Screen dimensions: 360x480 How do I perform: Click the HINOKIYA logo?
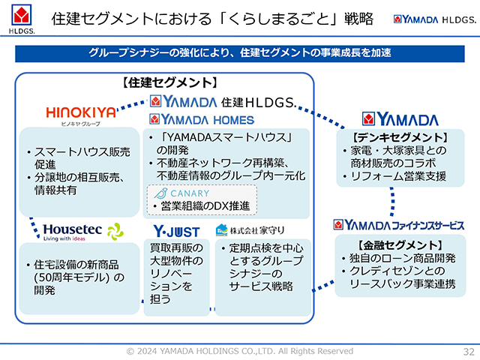(81, 114)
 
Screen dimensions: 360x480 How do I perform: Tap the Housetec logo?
(82, 230)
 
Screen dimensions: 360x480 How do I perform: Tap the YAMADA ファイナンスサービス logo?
(397, 224)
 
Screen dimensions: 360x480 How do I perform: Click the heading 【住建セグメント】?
(169, 82)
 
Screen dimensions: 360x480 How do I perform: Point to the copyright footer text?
(239, 351)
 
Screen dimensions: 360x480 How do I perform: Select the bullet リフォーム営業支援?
(393, 177)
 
